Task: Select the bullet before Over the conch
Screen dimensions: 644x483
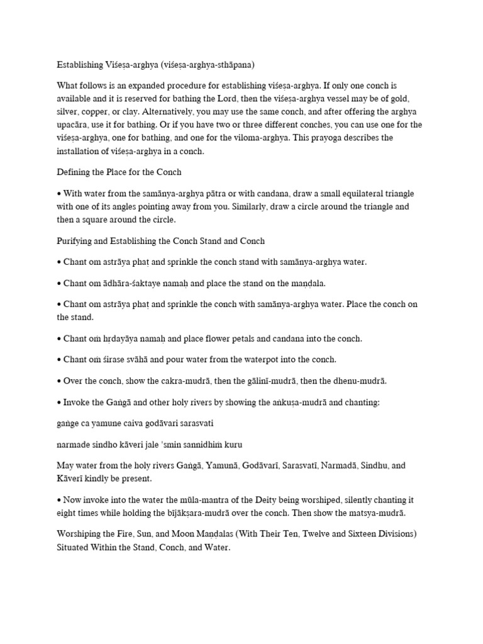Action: point(59,381)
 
